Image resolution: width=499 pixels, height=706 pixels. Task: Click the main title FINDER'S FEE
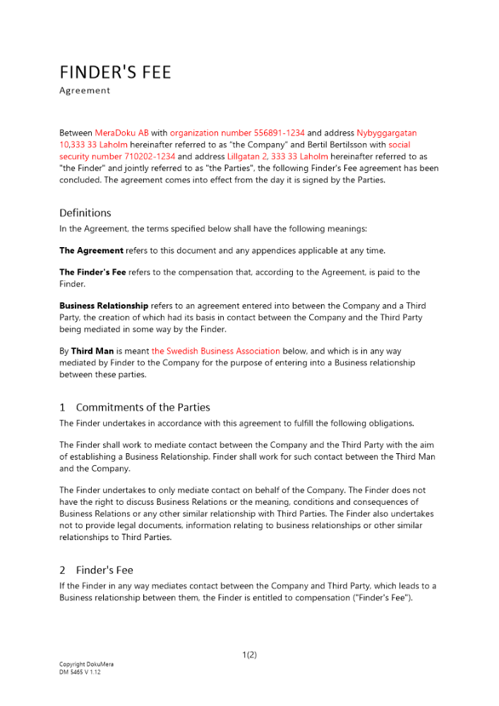[115, 73]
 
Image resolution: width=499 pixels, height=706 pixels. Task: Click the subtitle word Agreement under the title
[85, 90]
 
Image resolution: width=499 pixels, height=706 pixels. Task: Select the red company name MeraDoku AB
[121, 133]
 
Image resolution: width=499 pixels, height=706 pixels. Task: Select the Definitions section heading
[85, 213]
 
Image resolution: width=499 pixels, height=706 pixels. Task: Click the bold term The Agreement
[91, 251]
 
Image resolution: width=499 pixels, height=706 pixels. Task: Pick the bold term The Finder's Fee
[92, 272]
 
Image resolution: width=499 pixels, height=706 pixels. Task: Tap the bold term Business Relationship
[104, 306]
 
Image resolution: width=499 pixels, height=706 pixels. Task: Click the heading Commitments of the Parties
[143, 407]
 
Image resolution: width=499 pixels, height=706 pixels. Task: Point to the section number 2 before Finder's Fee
[62, 570]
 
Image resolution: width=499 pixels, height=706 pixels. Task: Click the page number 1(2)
[249, 654]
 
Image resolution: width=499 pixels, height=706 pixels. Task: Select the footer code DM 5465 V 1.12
[80, 672]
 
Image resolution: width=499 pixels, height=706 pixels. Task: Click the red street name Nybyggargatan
[387, 133]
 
